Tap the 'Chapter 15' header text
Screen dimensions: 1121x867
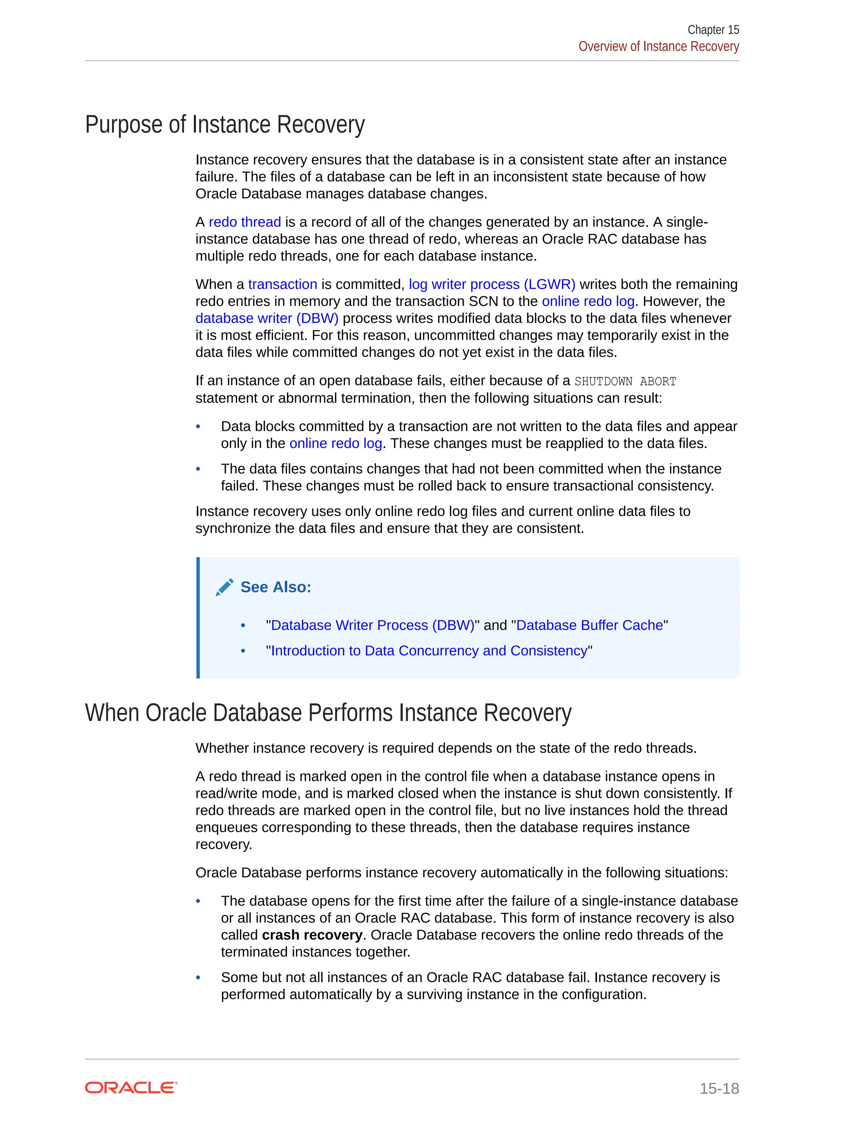point(713,30)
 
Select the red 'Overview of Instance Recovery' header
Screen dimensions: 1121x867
point(658,47)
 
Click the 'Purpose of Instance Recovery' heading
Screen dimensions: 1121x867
point(224,125)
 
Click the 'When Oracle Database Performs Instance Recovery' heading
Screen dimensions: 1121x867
point(328,713)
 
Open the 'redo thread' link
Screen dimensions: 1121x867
point(245,222)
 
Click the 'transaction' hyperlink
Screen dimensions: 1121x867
point(282,284)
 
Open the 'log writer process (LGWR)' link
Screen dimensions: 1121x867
point(491,284)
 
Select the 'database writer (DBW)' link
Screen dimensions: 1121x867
point(267,318)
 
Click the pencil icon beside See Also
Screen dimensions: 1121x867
point(224,587)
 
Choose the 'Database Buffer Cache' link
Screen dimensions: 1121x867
point(589,625)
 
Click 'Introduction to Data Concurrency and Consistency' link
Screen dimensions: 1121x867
point(428,651)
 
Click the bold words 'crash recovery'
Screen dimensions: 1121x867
point(312,935)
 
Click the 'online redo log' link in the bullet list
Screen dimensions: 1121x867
point(335,443)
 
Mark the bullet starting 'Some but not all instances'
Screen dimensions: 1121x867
point(198,978)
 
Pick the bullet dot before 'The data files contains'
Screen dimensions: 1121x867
point(198,469)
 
